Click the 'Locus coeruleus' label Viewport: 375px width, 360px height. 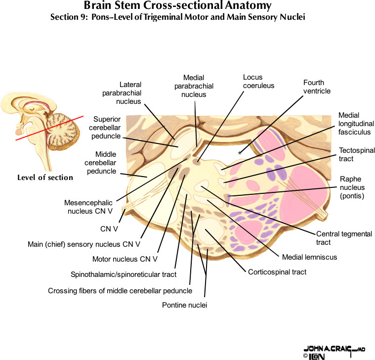point(258,82)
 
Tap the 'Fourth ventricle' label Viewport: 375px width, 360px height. point(317,87)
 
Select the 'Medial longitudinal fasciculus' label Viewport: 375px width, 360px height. point(356,123)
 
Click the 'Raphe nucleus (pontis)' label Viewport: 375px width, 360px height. point(352,187)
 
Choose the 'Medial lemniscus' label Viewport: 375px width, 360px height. point(302,257)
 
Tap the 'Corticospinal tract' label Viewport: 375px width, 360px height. point(277,272)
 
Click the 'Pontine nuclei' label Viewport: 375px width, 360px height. point(184,305)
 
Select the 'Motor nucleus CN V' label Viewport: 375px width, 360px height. point(125,259)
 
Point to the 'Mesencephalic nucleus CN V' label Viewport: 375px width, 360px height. point(88,207)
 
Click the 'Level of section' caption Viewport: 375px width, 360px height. point(45,178)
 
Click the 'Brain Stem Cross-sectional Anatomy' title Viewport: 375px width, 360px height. point(177,6)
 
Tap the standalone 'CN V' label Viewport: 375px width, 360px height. point(109,229)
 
